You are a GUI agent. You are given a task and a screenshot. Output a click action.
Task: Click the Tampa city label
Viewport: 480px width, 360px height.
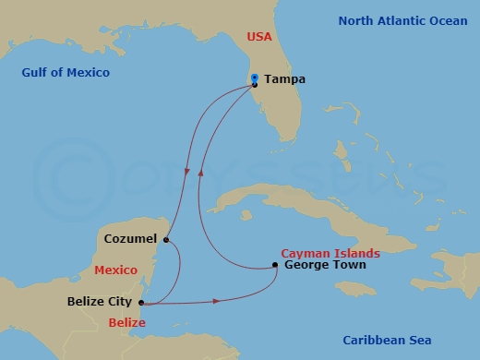pos(284,79)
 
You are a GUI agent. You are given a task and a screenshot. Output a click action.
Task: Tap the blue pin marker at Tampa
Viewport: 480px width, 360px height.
pos(254,78)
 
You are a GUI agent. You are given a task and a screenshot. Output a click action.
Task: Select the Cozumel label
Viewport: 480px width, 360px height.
pos(132,238)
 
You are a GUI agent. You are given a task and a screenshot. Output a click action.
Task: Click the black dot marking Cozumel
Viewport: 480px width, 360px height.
pos(164,240)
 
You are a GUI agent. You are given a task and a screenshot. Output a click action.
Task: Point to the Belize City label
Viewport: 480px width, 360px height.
pos(101,301)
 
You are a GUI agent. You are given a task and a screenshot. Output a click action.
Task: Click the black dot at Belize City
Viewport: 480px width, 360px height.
pos(140,302)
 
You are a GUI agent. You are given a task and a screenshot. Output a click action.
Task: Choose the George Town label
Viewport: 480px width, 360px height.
pos(325,265)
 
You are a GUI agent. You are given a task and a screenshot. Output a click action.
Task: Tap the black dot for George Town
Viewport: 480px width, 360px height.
pos(276,266)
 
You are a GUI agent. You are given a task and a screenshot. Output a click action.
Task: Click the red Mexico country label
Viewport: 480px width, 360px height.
pos(116,270)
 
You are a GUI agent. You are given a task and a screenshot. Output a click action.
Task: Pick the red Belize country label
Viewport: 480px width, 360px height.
pos(126,322)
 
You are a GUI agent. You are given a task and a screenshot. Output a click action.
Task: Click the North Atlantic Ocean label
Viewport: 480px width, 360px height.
pos(402,20)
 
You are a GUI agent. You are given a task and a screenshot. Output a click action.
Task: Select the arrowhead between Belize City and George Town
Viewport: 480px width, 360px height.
pos(216,301)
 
